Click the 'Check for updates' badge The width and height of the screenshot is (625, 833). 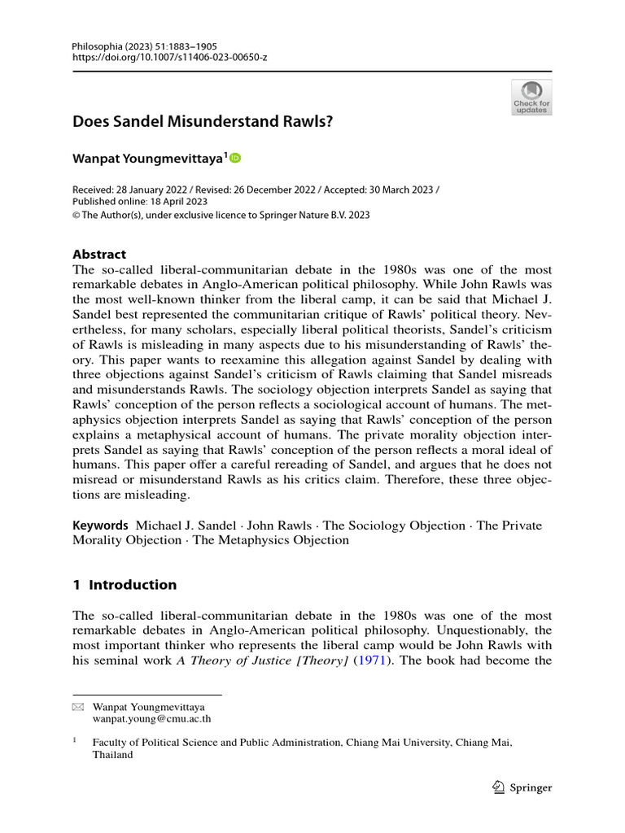(531, 97)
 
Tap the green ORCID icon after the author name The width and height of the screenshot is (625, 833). (236, 158)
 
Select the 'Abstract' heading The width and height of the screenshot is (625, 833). (99, 254)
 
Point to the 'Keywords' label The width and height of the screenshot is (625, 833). (100, 526)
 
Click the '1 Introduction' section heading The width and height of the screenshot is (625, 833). (125, 584)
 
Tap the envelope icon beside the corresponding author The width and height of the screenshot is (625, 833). (77, 708)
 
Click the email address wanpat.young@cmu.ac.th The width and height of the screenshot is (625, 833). (152, 719)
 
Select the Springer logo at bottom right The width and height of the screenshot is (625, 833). (522, 787)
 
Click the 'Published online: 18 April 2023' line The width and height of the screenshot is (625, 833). (140, 202)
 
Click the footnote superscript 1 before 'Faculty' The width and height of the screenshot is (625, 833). (75, 741)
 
